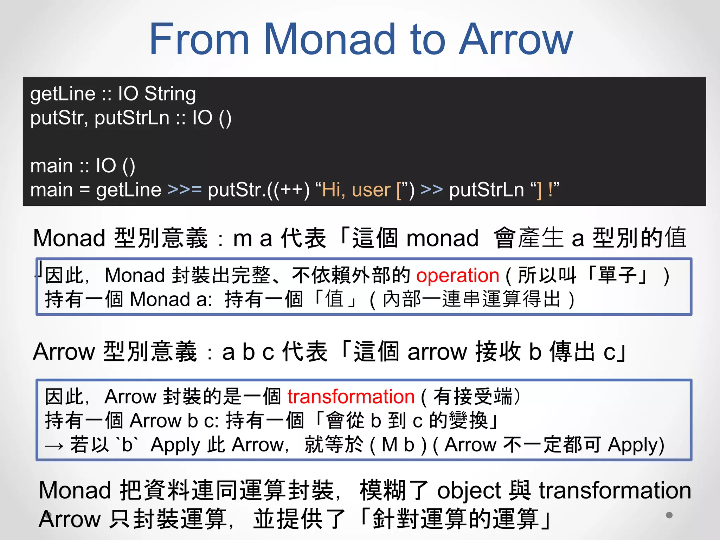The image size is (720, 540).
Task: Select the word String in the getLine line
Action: click(x=170, y=94)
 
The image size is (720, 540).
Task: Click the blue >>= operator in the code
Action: click(x=185, y=189)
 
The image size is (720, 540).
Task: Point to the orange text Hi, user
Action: click(x=356, y=190)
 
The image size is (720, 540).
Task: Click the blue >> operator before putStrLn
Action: click(x=431, y=189)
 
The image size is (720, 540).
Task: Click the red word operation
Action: click(x=457, y=275)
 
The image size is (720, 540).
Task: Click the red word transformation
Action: click(x=351, y=397)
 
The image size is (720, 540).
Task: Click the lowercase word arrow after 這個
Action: click(x=437, y=352)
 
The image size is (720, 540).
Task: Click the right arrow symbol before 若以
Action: click(x=54, y=446)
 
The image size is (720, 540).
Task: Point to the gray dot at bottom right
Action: click(x=669, y=515)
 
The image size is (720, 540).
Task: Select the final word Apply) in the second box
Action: click(x=636, y=445)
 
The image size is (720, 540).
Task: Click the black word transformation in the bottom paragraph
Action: click(x=615, y=491)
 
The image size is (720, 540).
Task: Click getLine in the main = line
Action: click(x=128, y=190)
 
